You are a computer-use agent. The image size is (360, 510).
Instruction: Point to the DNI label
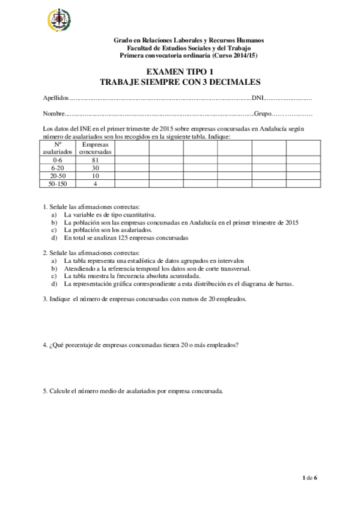[257, 97]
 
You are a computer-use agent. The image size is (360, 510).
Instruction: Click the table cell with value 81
[95, 161]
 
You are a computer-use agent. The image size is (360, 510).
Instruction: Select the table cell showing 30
[95, 168]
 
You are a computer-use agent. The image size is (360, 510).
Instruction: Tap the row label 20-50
[58, 176]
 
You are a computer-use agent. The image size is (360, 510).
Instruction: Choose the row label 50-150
[58, 184]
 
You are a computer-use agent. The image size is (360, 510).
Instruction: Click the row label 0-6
[58, 161]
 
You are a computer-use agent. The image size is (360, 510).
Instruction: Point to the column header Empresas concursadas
[95, 149]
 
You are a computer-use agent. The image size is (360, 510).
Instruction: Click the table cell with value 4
[95, 184]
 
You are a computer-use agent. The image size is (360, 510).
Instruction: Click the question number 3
[45, 299]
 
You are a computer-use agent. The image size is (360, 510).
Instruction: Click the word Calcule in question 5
[60, 391]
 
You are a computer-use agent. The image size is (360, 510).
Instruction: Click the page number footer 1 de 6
[309, 478]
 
